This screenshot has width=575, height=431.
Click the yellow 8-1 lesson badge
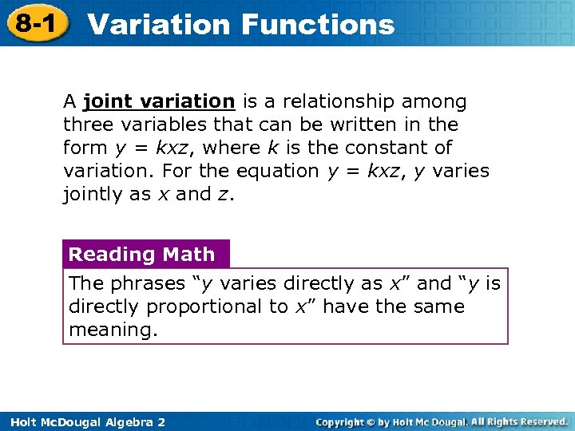[x=37, y=23]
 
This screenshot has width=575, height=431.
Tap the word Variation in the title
[x=159, y=24]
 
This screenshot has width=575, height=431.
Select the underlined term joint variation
[x=158, y=101]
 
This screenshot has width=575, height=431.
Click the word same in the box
[x=438, y=306]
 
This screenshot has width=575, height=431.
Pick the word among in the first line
[x=438, y=101]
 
